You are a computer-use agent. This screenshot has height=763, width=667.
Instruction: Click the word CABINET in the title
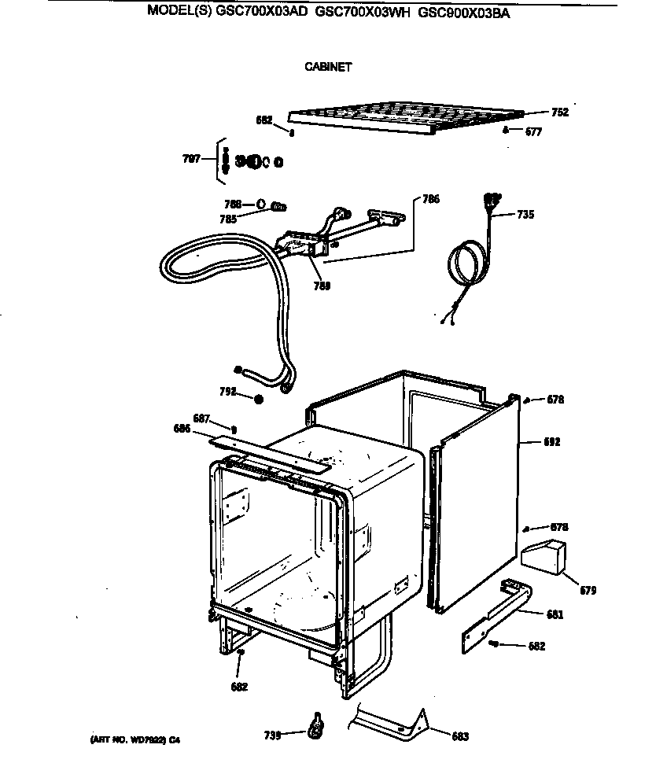(328, 67)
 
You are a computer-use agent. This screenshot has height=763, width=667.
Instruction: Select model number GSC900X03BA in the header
(464, 13)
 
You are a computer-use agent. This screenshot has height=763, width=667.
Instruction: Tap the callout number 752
(559, 112)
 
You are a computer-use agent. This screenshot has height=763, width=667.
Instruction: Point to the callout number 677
(533, 132)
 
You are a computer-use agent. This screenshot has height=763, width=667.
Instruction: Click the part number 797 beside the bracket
(191, 160)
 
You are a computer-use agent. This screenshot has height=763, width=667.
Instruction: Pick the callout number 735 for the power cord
(525, 214)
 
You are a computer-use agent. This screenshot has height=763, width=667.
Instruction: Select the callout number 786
(431, 199)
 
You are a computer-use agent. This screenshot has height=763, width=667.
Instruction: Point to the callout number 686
(182, 428)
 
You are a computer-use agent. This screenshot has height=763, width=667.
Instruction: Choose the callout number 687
(201, 418)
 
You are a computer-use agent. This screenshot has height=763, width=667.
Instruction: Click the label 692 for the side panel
(551, 442)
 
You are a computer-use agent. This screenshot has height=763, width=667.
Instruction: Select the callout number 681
(555, 614)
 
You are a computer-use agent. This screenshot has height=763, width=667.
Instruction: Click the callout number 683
(460, 737)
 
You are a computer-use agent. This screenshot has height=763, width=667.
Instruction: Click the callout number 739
(272, 735)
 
